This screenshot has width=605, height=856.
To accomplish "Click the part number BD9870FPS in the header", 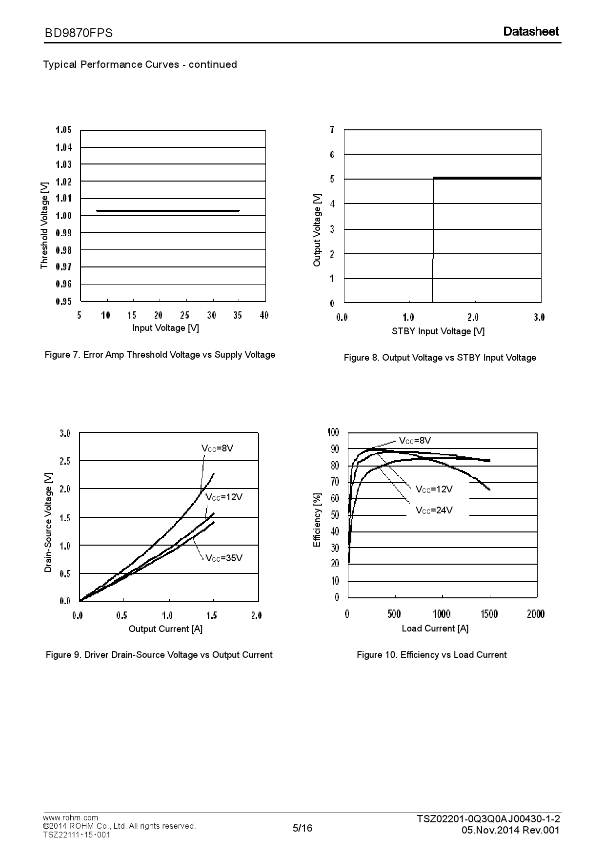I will (x=79, y=33).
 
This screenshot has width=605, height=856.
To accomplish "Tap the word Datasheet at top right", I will (x=531, y=32).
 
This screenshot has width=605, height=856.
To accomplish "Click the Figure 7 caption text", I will (x=160, y=355).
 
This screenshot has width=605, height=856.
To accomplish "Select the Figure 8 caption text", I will (x=440, y=358).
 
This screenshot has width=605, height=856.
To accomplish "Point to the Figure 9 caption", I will (x=159, y=655).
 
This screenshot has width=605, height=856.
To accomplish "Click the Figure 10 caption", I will (x=431, y=655).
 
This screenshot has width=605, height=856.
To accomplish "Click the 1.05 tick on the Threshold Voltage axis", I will (x=63, y=130).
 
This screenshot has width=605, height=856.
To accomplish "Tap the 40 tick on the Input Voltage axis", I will (x=264, y=315).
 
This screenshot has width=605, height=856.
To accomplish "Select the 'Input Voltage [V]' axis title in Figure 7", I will (x=165, y=328).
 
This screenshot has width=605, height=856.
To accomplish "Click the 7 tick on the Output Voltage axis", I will (x=332, y=130).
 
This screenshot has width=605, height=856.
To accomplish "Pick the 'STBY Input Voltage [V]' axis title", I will (x=438, y=331).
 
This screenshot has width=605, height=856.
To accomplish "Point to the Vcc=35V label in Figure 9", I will (x=224, y=558).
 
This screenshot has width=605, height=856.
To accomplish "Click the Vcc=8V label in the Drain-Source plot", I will (x=218, y=448).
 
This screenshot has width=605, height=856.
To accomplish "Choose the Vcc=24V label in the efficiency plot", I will (x=434, y=510).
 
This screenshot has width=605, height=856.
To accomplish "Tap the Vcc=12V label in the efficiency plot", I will (x=434, y=489).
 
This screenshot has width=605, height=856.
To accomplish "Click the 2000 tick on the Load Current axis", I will (x=535, y=614).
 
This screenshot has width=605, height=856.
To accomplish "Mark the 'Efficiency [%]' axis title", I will (x=318, y=520).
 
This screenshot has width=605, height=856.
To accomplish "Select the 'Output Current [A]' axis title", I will (x=165, y=629).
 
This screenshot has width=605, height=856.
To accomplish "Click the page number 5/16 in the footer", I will (x=302, y=828).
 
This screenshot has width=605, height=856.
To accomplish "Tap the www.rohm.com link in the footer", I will (x=70, y=817).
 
